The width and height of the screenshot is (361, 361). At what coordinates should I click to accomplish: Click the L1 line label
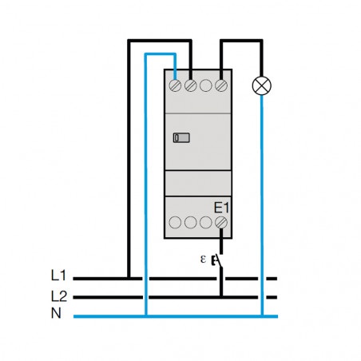[x=58, y=276]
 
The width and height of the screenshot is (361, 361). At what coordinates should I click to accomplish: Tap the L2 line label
[x=59, y=296]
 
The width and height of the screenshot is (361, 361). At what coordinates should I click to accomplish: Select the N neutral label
[x=56, y=313]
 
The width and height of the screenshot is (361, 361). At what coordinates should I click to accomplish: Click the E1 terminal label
[x=221, y=208]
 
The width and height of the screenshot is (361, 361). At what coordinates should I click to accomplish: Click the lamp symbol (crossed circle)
[x=262, y=85]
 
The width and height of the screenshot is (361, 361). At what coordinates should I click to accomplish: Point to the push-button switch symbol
[x=218, y=261]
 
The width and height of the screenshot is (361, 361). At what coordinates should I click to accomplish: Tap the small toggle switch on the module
[x=181, y=137]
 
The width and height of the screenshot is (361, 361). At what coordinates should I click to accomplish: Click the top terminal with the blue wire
[x=175, y=85]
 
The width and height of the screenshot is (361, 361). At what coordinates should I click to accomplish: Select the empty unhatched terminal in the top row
[x=206, y=85]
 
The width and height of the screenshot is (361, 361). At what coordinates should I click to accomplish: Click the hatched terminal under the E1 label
[x=221, y=222]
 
